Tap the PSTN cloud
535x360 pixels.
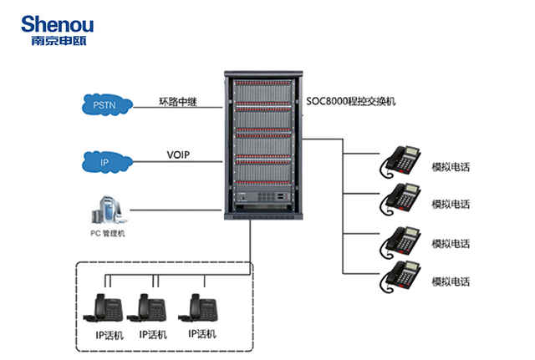coord(107,104)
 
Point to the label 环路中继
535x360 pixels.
coord(180,102)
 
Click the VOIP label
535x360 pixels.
coord(180,155)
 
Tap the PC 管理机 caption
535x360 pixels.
coord(108,234)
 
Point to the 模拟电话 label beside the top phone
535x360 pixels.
coord(451,167)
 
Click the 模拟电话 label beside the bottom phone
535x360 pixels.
coord(451,282)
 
